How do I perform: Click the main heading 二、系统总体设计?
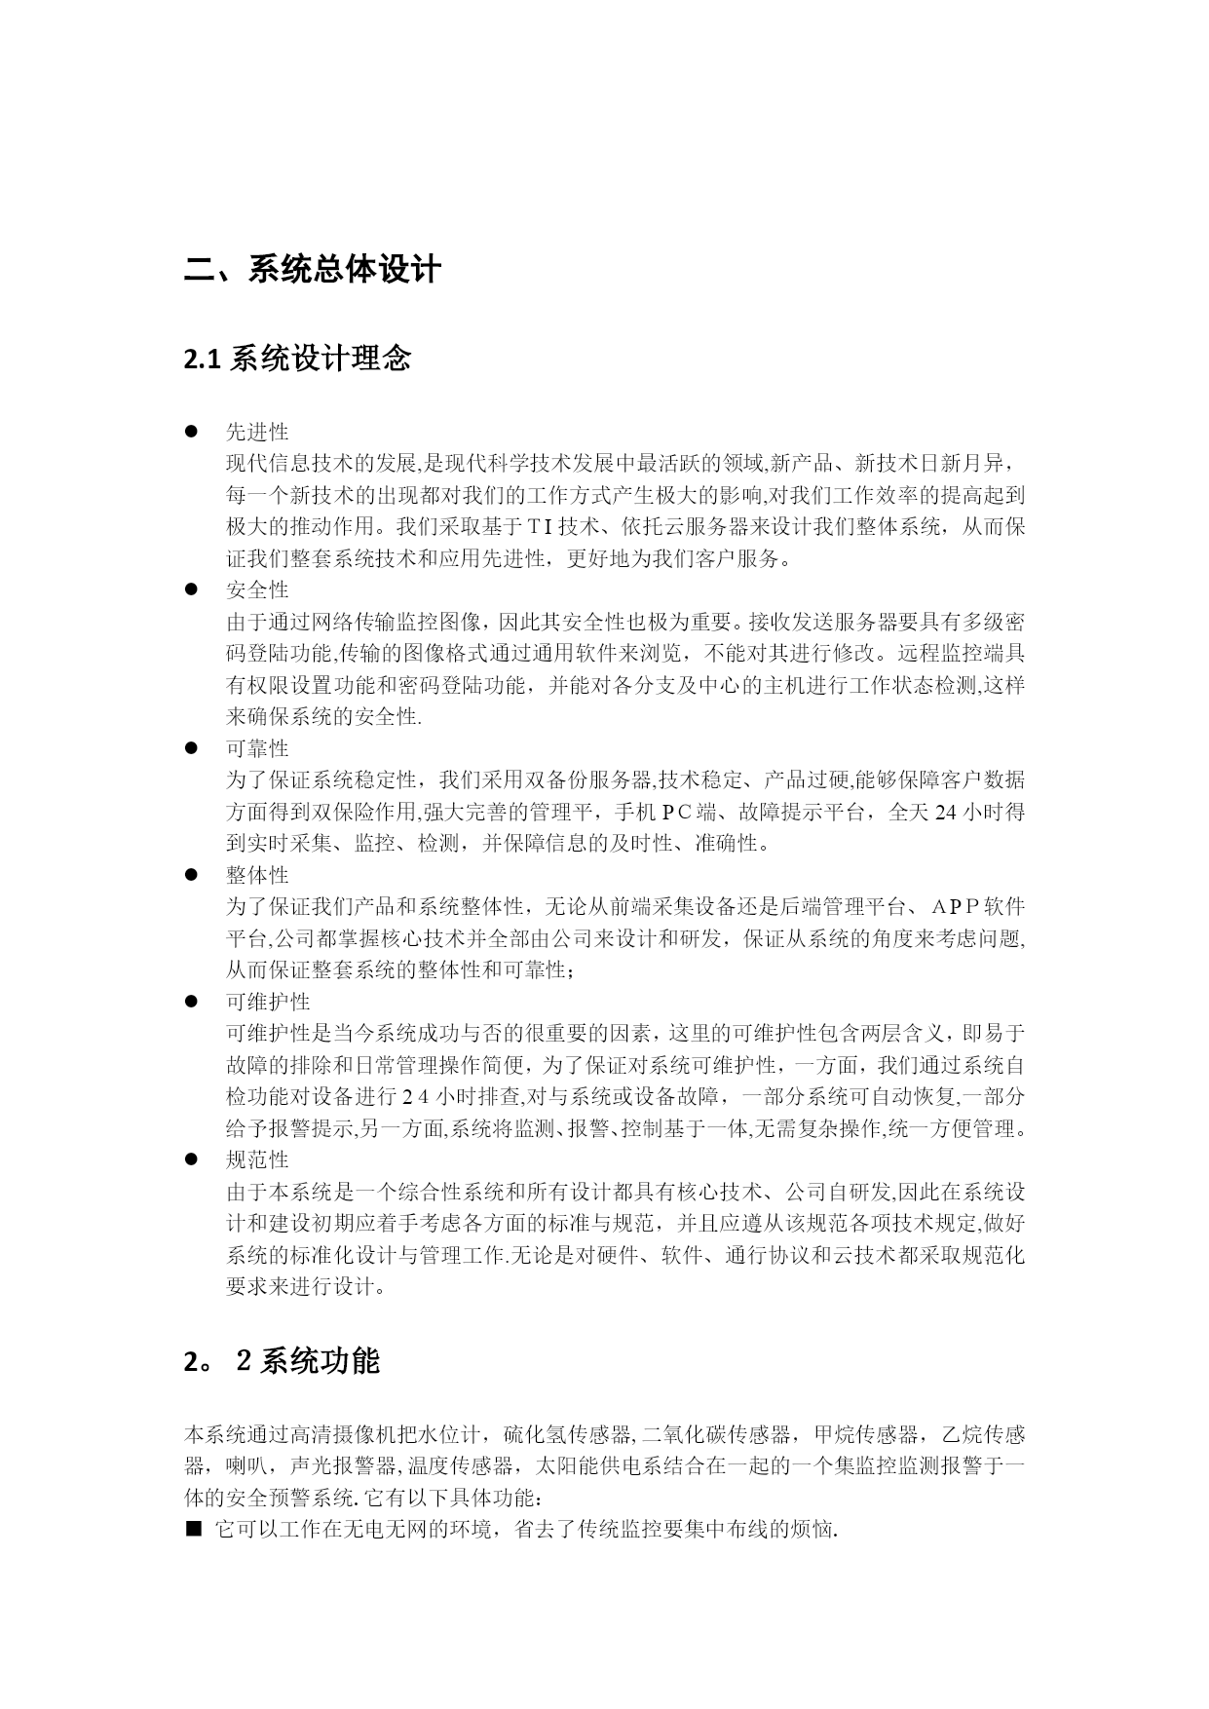click(313, 269)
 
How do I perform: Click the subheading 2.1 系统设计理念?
click(297, 360)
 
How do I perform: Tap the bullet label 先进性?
click(257, 432)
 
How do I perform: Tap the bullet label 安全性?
click(257, 589)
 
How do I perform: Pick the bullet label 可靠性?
click(257, 748)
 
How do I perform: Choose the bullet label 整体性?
click(257, 875)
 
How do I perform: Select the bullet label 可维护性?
click(268, 1002)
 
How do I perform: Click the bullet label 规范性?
click(257, 1160)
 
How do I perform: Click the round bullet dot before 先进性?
click(192, 432)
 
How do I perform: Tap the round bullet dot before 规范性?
click(192, 1160)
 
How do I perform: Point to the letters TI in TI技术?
click(541, 527)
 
